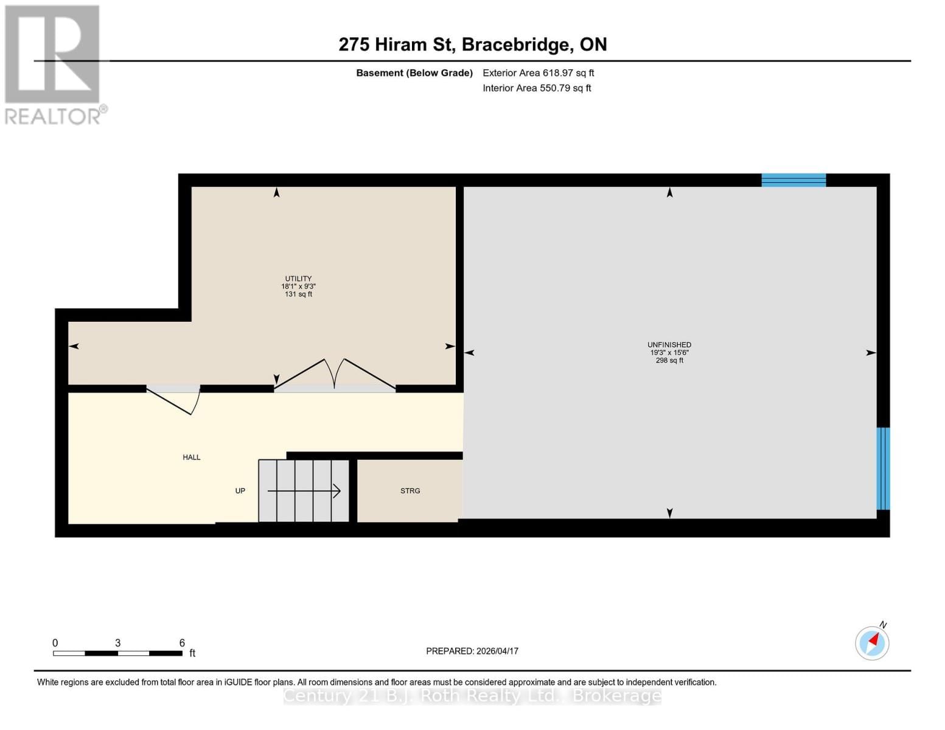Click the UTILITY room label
pos(298,279)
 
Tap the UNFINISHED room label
pos(669,345)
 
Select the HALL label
pos(192,457)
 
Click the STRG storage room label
pos(410,491)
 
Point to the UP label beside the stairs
pos(240,491)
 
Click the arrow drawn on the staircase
pos(304,491)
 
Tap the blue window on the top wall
pos(793,180)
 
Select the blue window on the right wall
pos(883,468)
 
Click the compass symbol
pos(872,643)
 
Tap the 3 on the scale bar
pos(117,643)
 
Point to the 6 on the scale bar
pos(182,643)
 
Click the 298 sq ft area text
pos(669,361)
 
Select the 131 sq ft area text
pos(298,294)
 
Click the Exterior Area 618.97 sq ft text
pos(538,73)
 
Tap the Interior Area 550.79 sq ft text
pos(537,88)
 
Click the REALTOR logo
pos(54,64)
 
